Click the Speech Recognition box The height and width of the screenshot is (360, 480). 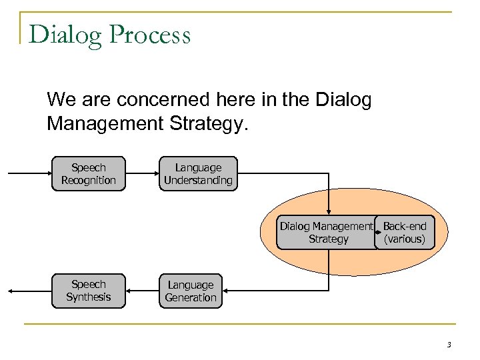click(x=88, y=174)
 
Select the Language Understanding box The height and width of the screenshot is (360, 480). click(x=198, y=174)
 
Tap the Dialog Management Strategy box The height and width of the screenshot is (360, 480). click(x=327, y=233)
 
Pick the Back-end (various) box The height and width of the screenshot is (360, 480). click(x=405, y=233)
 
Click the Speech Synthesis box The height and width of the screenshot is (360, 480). click(x=88, y=291)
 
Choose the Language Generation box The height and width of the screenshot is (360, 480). click(x=191, y=291)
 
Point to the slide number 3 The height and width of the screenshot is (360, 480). click(x=449, y=345)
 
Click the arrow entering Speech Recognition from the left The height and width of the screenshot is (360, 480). click(x=30, y=174)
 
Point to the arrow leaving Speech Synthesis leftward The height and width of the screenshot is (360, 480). click(x=30, y=291)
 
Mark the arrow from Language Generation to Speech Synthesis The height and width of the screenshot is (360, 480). click(x=141, y=291)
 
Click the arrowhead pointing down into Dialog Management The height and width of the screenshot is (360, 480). click(x=329, y=211)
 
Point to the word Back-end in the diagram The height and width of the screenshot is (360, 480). click(x=405, y=227)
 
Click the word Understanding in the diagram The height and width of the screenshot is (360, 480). click(x=198, y=180)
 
